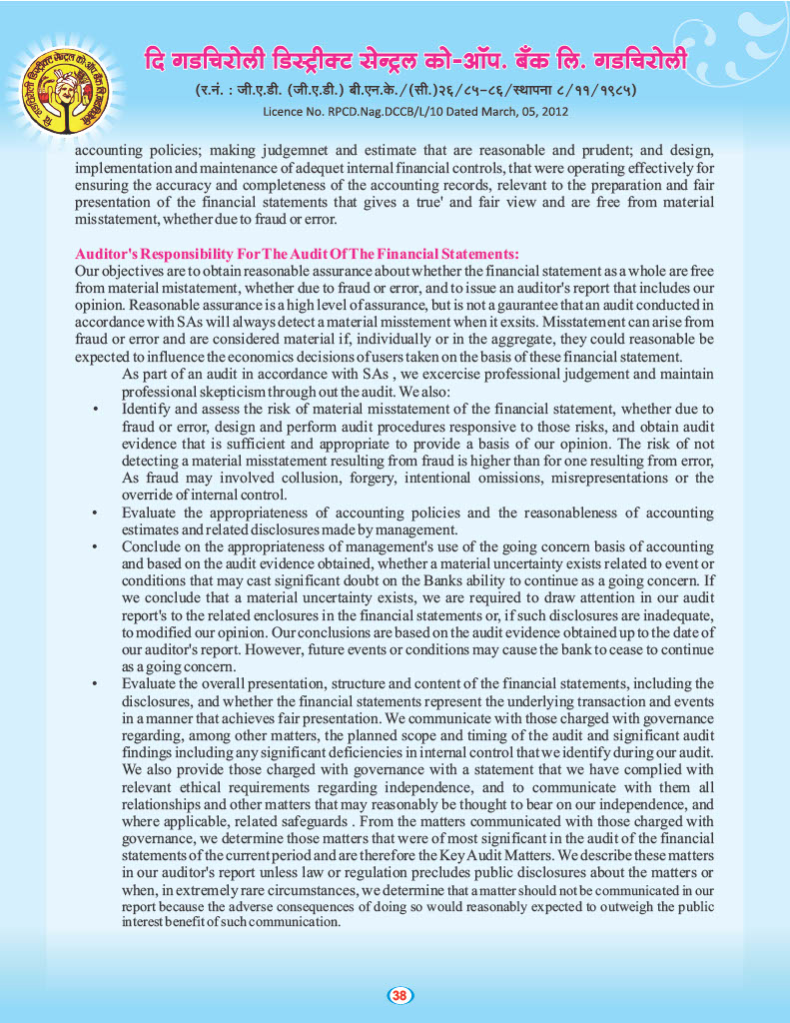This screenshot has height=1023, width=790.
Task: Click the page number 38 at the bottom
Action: [398, 995]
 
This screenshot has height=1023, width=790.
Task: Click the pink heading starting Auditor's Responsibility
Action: [297, 254]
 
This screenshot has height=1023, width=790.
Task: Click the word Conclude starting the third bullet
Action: [155, 547]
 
